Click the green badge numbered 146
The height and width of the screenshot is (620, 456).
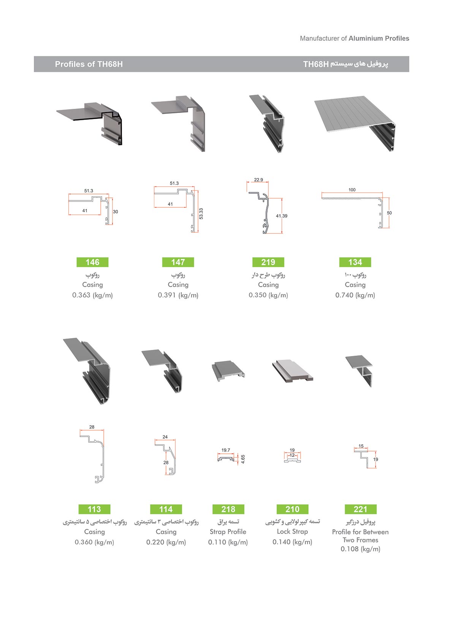tap(92, 262)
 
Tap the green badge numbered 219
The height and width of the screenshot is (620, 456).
tap(268, 262)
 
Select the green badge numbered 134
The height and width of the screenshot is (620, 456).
tap(355, 262)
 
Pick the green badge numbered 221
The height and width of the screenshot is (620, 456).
tap(361, 509)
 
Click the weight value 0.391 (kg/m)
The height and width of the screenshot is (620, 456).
tap(178, 295)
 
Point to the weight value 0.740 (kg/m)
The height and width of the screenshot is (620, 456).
tap(355, 295)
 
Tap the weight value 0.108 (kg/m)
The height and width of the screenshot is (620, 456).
tap(361, 549)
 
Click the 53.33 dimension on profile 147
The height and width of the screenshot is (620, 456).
tap(201, 214)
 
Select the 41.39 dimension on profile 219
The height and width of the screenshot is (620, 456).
tap(282, 216)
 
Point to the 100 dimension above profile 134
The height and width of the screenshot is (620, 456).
tap(352, 190)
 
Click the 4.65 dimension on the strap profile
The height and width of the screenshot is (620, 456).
tap(243, 459)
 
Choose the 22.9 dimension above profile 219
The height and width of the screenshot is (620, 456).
tap(258, 180)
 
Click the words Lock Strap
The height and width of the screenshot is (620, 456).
tap(292, 531)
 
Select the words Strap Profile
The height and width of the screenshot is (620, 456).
tap(228, 532)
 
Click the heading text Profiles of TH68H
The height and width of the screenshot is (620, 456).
tap(89, 64)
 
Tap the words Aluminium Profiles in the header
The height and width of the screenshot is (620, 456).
tap(379, 38)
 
